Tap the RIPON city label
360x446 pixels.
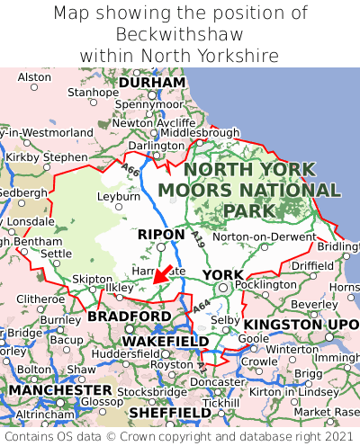pyautogui.click(x=162, y=235)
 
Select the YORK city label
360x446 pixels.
pyautogui.click(x=221, y=274)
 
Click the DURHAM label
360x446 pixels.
pyautogui.click(x=152, y=82)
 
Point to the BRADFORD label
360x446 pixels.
pyautogui.click(x=129, y=317)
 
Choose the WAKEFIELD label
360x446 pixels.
pyautogui.click(x=165, y=342)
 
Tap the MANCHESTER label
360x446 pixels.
pyautogui.click(x=60, y=390)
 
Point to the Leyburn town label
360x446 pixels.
pyautogui.click(x=119, y=195)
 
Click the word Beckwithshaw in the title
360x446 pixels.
pyautogui.click(x=180, y=34)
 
